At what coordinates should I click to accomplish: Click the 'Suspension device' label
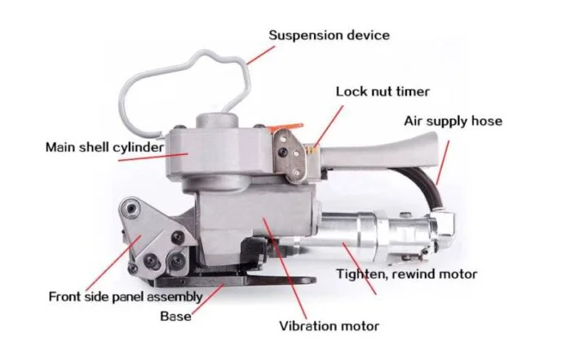pos(330,35)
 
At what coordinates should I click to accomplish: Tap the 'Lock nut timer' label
pos(383,91)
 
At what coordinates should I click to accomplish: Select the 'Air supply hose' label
pos(453,121)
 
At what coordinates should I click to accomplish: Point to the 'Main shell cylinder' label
pos(105,147)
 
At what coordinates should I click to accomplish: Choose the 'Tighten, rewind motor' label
pos(406,274)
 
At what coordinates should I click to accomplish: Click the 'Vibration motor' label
pos(330,326)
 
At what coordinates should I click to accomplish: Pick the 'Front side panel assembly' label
pos(126,296)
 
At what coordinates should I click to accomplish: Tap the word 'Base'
pos(175,316)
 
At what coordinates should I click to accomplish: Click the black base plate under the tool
pos(233,281)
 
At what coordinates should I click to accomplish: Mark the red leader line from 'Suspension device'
pos(261,55)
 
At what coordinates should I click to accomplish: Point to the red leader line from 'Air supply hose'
pos(442,162)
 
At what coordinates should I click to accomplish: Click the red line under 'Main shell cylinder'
pos(153,157)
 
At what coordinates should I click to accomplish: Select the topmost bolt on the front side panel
pos(131,209)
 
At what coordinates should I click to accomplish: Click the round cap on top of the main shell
pos(217,121)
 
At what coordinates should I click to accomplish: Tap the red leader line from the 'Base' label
pos(207,299)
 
